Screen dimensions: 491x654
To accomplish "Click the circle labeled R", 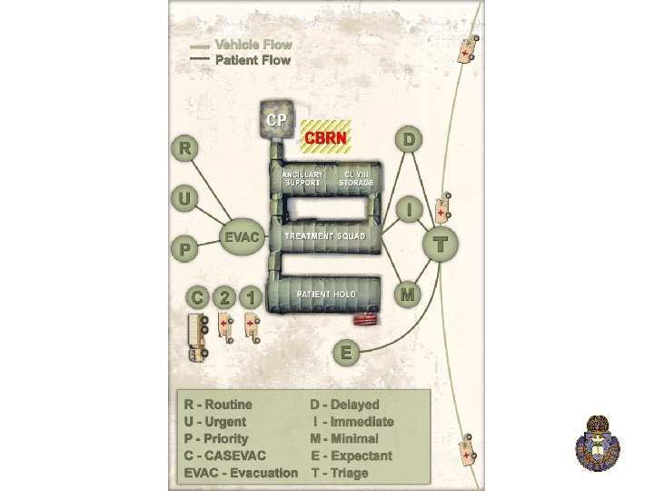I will coord(185,148).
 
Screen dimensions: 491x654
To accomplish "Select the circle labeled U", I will coord(185,197).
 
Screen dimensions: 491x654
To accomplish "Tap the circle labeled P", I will coord(185,247).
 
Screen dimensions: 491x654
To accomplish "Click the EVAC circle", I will coord(243,238).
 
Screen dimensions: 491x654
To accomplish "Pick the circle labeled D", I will coord(410,139).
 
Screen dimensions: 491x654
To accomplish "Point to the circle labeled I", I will coord(410,209).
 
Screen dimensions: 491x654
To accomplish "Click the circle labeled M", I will coord(408,295).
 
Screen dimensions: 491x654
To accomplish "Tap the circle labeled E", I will coord(344,352).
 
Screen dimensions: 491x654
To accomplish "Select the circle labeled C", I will coord(196,297).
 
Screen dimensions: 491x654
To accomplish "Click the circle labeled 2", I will coord(224,297).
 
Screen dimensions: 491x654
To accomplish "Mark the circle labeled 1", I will coord(252,297).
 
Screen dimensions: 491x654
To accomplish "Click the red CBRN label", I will coord(326,137).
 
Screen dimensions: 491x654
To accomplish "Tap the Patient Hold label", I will coord(325,295).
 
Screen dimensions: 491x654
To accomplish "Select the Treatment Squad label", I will coord(325,236).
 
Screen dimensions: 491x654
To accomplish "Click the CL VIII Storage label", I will coord(356,178).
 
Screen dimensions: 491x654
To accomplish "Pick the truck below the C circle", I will coord(197,336).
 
